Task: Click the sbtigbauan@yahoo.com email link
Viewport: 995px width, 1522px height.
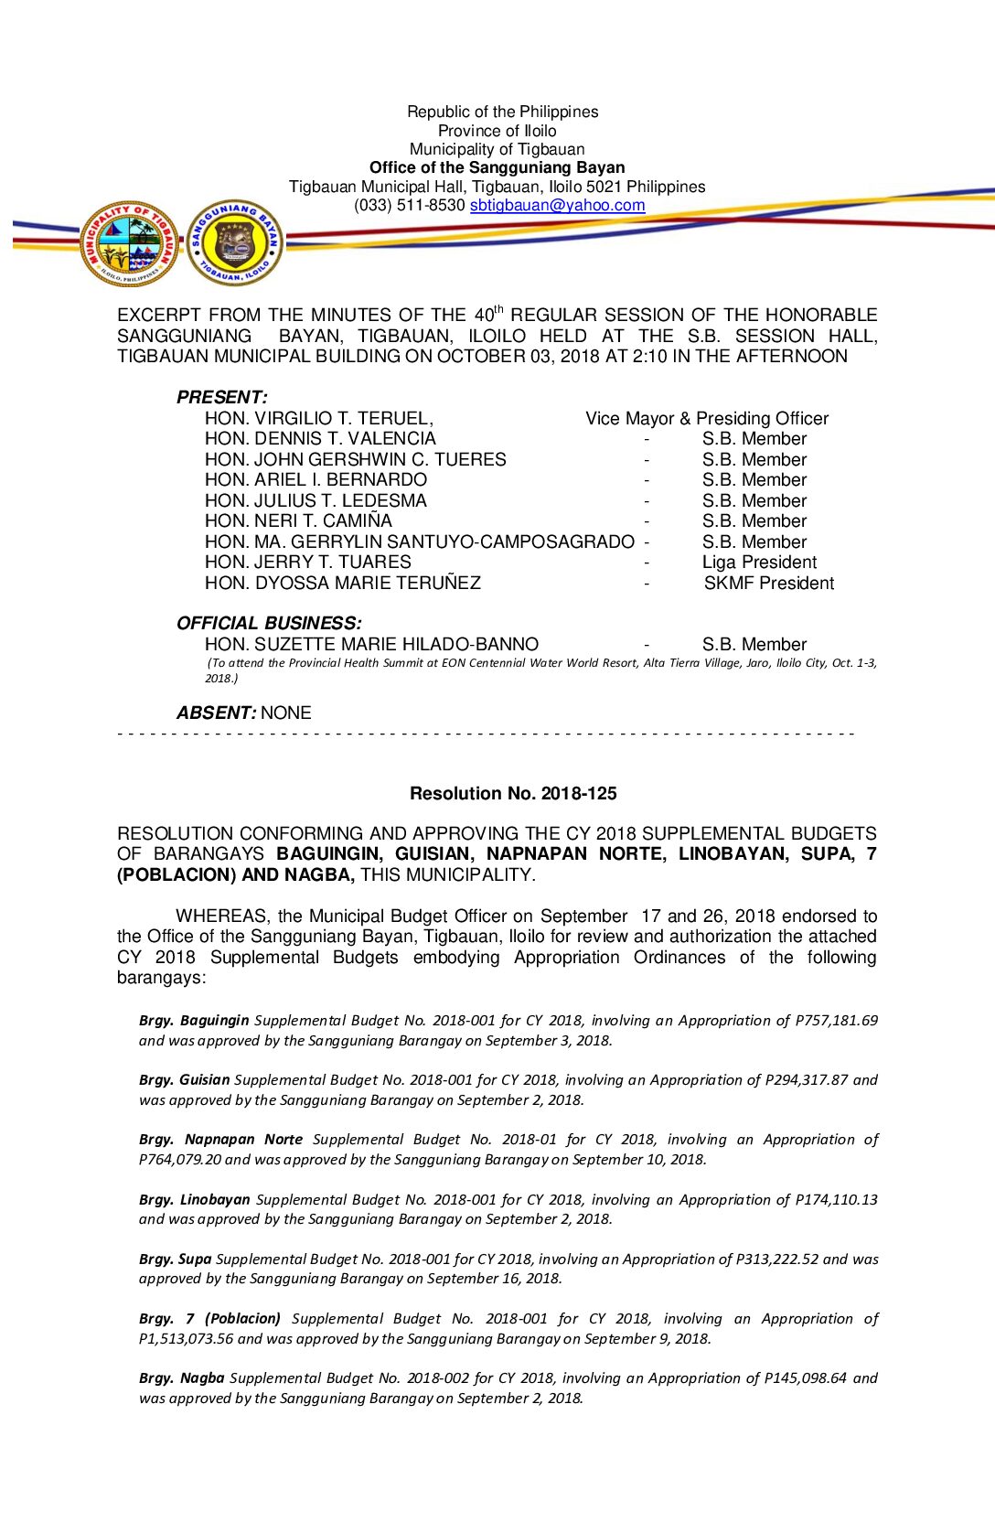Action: tap(557, 206)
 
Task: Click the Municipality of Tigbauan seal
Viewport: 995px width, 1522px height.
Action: tap(129, 243)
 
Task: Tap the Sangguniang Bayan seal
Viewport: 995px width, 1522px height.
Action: tap(234, 243)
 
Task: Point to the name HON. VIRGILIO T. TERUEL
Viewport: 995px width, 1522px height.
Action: tap(318, 419)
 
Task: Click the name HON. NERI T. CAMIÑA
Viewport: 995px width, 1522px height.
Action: tap(298, 521)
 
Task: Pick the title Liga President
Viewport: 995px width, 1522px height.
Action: tap(759, 563)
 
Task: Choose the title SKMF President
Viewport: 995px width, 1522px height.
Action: tap(768, 584)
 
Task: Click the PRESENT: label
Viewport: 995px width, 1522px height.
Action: tap(221, 398)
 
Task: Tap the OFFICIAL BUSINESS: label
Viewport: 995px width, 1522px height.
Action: tap(269, 624)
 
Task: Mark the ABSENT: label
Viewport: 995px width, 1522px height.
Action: tap(216, 713)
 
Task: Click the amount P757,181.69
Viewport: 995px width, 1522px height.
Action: tap(836, 1021)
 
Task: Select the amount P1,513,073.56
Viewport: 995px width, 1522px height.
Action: tap(186, 1339)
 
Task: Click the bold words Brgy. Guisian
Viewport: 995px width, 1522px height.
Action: tap(184, 1080)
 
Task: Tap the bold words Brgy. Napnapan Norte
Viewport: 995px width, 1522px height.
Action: tap(220, 1140)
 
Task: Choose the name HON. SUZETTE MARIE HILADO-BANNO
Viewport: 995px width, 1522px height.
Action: tap(371, 645)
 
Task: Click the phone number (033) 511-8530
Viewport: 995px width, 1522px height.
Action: tap(410, 206)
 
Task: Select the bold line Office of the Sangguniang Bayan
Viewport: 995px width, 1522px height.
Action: tap(497, 168)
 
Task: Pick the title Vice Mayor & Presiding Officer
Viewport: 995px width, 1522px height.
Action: tap(707, 419)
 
